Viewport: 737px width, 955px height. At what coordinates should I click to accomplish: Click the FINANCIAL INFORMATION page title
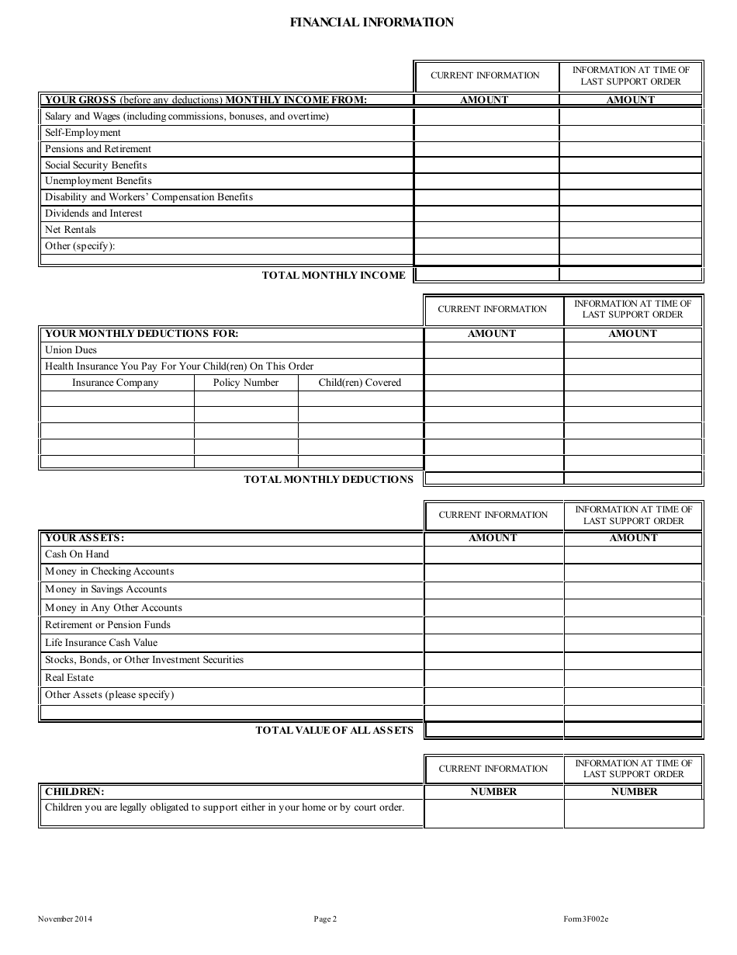click(x=372, y=23)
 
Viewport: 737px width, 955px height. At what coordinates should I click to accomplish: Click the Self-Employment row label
click(x=83, y=133)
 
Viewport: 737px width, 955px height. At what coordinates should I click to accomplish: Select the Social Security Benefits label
click(x=95, y=165)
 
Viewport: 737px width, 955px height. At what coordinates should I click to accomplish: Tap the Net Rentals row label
click(x=71, y=230)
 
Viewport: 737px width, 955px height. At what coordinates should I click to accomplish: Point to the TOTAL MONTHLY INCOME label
click(x=334, y=275)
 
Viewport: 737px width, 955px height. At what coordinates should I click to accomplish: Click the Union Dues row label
click(x=71, y=350)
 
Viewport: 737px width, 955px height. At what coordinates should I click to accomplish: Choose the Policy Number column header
click(x=246, y=383)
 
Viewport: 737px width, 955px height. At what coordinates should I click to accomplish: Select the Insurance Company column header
click(x=116, y=383)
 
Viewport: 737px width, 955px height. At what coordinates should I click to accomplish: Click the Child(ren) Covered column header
click(x=360, y=383)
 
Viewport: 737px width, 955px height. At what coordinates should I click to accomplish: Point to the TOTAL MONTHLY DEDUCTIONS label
click(x=329, y=479)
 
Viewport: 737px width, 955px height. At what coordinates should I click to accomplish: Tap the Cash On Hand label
click(x=77, y=554)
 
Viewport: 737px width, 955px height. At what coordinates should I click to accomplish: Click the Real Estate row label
click(x=69, y=678)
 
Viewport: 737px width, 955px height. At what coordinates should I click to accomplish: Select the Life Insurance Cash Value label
click(x=101, y=643)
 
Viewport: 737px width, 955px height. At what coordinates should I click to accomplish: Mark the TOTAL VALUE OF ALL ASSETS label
click(x=334, y=730)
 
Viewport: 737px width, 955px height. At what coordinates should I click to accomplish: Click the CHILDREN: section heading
click(x=74, y=792)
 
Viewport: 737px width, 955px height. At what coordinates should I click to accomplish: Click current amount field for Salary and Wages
click(x=486, y=116)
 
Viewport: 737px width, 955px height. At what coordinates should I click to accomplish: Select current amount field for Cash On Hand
click(x=493, y=554)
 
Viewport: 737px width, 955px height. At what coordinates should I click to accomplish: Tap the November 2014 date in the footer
click(x=65, y=920)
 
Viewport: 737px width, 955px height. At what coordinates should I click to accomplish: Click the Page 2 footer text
click(x=325, y=920)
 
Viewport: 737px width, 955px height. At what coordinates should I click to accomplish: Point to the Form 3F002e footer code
click(x=586, y=920)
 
